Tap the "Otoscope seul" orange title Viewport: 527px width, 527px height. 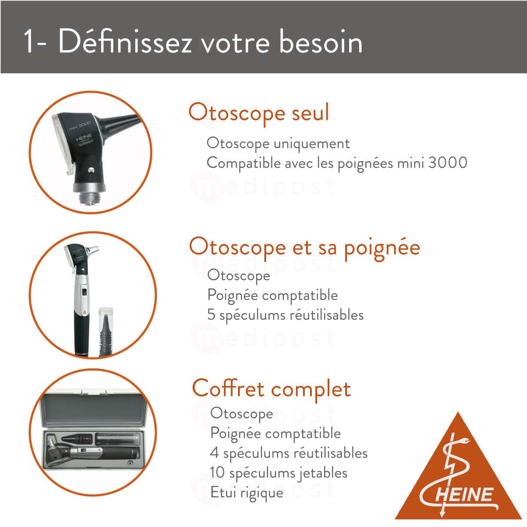click(x=259, y=113)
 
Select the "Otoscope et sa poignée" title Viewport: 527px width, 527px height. click(x=304, y=247)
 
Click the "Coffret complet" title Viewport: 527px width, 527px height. click(x=271, y=389)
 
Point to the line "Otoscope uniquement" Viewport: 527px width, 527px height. click(x=278, y=144)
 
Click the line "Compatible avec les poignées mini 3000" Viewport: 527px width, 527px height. click(x=337, y=163)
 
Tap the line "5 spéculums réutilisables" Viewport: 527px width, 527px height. click(x=285, y=315)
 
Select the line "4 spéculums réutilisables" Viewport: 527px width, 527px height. click(x=289, y=453)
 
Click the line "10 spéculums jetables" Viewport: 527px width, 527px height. click(x=278, y=473)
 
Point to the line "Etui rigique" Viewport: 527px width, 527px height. click(x=246, y=492)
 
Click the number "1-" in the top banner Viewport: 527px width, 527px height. click(x=35, y=43)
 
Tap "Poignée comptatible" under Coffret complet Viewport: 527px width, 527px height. click(x=275, y=433)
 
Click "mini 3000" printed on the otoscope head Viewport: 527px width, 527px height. click(x=79, y=125)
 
